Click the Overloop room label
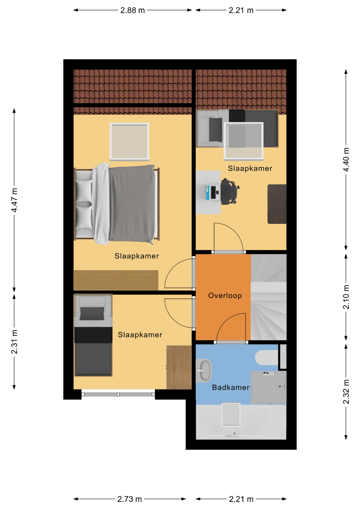(225, 296)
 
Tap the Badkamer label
(231, 388)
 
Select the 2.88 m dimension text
(133, 10)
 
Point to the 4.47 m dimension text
(15, 200)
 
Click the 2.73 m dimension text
(130, 499)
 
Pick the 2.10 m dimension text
(346, 297)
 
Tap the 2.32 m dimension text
(346, 392)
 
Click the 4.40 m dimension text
(346, 160)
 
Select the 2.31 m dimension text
(15, 342)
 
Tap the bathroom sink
(204, 370)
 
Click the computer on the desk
(213, 192)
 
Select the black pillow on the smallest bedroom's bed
(92, 313)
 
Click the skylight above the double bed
(129, 142)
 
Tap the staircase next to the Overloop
(269, 297)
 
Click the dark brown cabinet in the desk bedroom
(277, 204)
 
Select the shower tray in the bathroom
(269, 387)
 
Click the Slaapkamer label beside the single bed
(140, 335)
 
